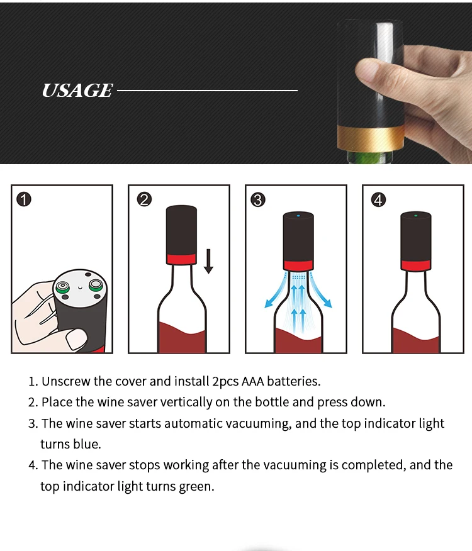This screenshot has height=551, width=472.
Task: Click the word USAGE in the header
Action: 77,91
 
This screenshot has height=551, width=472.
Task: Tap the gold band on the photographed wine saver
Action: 371,139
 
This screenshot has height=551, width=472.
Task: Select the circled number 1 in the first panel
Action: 24,199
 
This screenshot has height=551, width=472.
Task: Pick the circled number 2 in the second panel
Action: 144,199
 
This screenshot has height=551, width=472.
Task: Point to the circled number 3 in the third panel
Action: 258,199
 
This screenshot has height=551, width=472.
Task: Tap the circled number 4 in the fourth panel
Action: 378,199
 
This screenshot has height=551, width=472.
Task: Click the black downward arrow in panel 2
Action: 208,261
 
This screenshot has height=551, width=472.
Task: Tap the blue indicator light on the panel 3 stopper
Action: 298,215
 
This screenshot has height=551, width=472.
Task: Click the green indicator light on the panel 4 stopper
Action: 416,215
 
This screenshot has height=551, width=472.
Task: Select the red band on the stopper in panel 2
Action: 181,259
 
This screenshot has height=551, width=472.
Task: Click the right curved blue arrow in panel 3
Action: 321,292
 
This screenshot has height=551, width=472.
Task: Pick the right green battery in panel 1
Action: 95,285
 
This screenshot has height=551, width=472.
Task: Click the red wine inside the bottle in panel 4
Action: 415,340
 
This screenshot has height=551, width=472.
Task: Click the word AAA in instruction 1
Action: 252,381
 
